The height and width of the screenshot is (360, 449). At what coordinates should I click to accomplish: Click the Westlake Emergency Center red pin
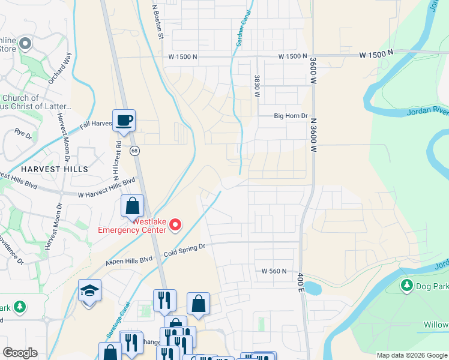175,225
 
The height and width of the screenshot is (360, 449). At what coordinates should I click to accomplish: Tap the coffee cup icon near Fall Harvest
124,120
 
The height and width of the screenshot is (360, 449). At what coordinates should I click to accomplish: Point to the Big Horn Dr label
291,116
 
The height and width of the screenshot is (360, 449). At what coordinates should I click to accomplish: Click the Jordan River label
428,110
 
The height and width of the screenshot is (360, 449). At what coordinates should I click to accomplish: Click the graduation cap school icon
89,292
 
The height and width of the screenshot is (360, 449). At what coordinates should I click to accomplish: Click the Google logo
20,353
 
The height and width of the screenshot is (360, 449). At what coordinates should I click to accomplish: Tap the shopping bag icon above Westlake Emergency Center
132,206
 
